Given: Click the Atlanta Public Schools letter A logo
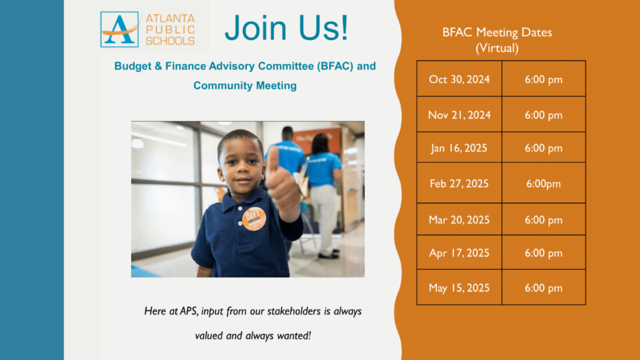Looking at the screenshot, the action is click(119, 29).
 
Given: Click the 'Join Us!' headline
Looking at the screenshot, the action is click(286, 28).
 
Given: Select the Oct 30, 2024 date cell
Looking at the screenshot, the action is click(459, 78).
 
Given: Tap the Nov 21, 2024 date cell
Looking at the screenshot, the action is click(459, 114).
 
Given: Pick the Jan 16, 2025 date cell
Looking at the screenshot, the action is click(459, 147).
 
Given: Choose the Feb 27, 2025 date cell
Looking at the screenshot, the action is click(459, 183).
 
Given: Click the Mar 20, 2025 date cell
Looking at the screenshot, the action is click(459, 219).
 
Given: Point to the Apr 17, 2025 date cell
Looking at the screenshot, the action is click(459, 253).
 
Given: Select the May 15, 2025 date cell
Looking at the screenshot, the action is click(459, 287).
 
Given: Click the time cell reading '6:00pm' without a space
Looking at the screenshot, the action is click(543, 183).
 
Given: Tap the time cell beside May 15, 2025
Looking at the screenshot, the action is click(543, 287).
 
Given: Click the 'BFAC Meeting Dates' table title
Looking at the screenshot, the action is click(497, 33).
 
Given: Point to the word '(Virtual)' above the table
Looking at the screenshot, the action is click(497, 48).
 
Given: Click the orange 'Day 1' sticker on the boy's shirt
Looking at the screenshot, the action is click(254, 219).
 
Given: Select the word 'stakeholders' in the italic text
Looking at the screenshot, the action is click(294, 311).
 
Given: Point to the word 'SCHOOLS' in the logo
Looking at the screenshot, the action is click(170, 41).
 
